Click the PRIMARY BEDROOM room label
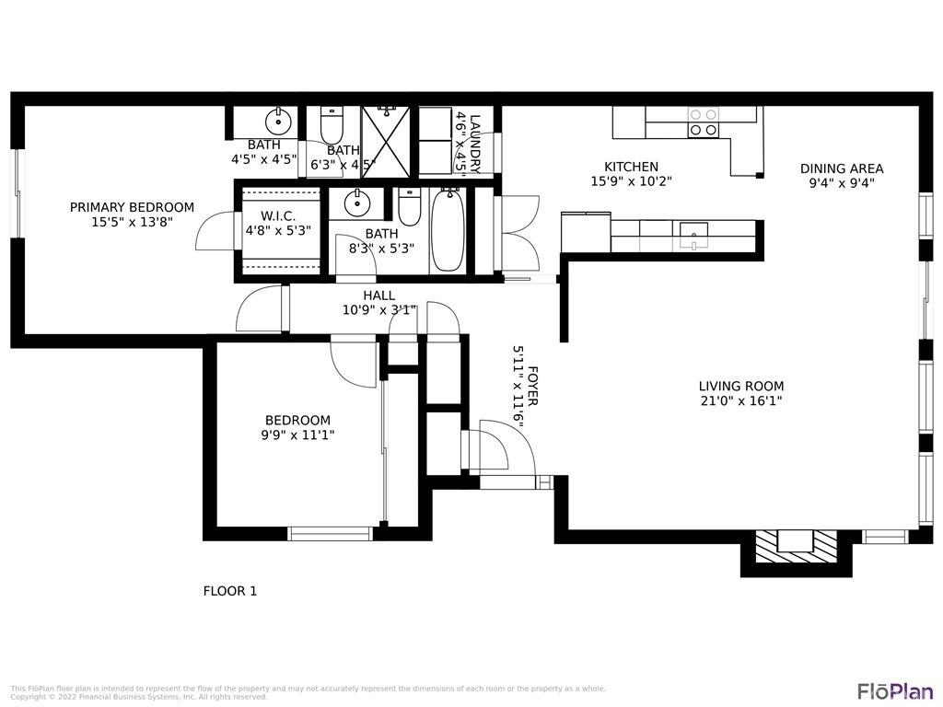pos(132,207)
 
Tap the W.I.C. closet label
pos(277,215)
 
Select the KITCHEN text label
pos(631,167)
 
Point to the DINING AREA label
pos(841,168)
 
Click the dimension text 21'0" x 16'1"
pos(740,400)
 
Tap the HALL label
pos(378,296)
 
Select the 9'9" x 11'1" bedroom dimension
pos(297,435)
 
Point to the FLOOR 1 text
pos(229,591)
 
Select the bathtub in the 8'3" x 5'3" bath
pos(448,230)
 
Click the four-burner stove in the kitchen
pos(704,122)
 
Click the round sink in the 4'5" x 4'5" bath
pos(277,121)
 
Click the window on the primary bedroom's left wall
pos(16,193)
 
